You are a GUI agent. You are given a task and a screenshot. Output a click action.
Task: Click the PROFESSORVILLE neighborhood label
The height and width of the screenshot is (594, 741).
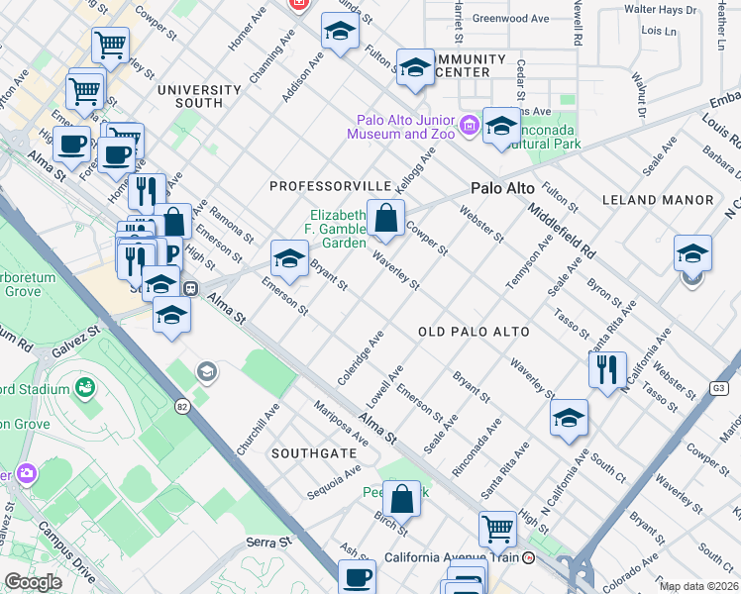click(x=331, y=186)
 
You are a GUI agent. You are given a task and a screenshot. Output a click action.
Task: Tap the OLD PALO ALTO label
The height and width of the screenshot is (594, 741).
click(x=473, y=332)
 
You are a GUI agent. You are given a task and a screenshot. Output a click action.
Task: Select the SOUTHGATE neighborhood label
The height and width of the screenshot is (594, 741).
click(x=314, y=452)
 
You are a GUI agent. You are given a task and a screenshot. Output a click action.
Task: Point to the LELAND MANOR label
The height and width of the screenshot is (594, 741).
click(x=658, y=200)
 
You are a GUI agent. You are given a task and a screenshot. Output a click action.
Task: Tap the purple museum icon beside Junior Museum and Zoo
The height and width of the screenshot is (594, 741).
click(x=470, y=125)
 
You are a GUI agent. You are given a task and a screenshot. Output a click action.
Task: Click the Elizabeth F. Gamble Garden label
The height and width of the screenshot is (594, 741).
click(x=337, y=228)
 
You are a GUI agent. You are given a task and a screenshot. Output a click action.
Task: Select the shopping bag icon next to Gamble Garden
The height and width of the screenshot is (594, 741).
click(x=386, y=218)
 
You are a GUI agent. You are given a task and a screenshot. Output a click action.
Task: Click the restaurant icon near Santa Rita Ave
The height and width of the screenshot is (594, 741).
click(x=606, y=368)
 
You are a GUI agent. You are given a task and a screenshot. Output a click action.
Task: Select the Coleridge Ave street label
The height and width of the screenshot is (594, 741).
click(x=360, y=357)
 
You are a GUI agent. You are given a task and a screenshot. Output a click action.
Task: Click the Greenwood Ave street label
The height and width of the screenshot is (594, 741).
click(x=510, y=19)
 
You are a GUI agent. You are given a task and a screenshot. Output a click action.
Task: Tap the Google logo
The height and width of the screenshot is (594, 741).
click(x=32, y=582)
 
